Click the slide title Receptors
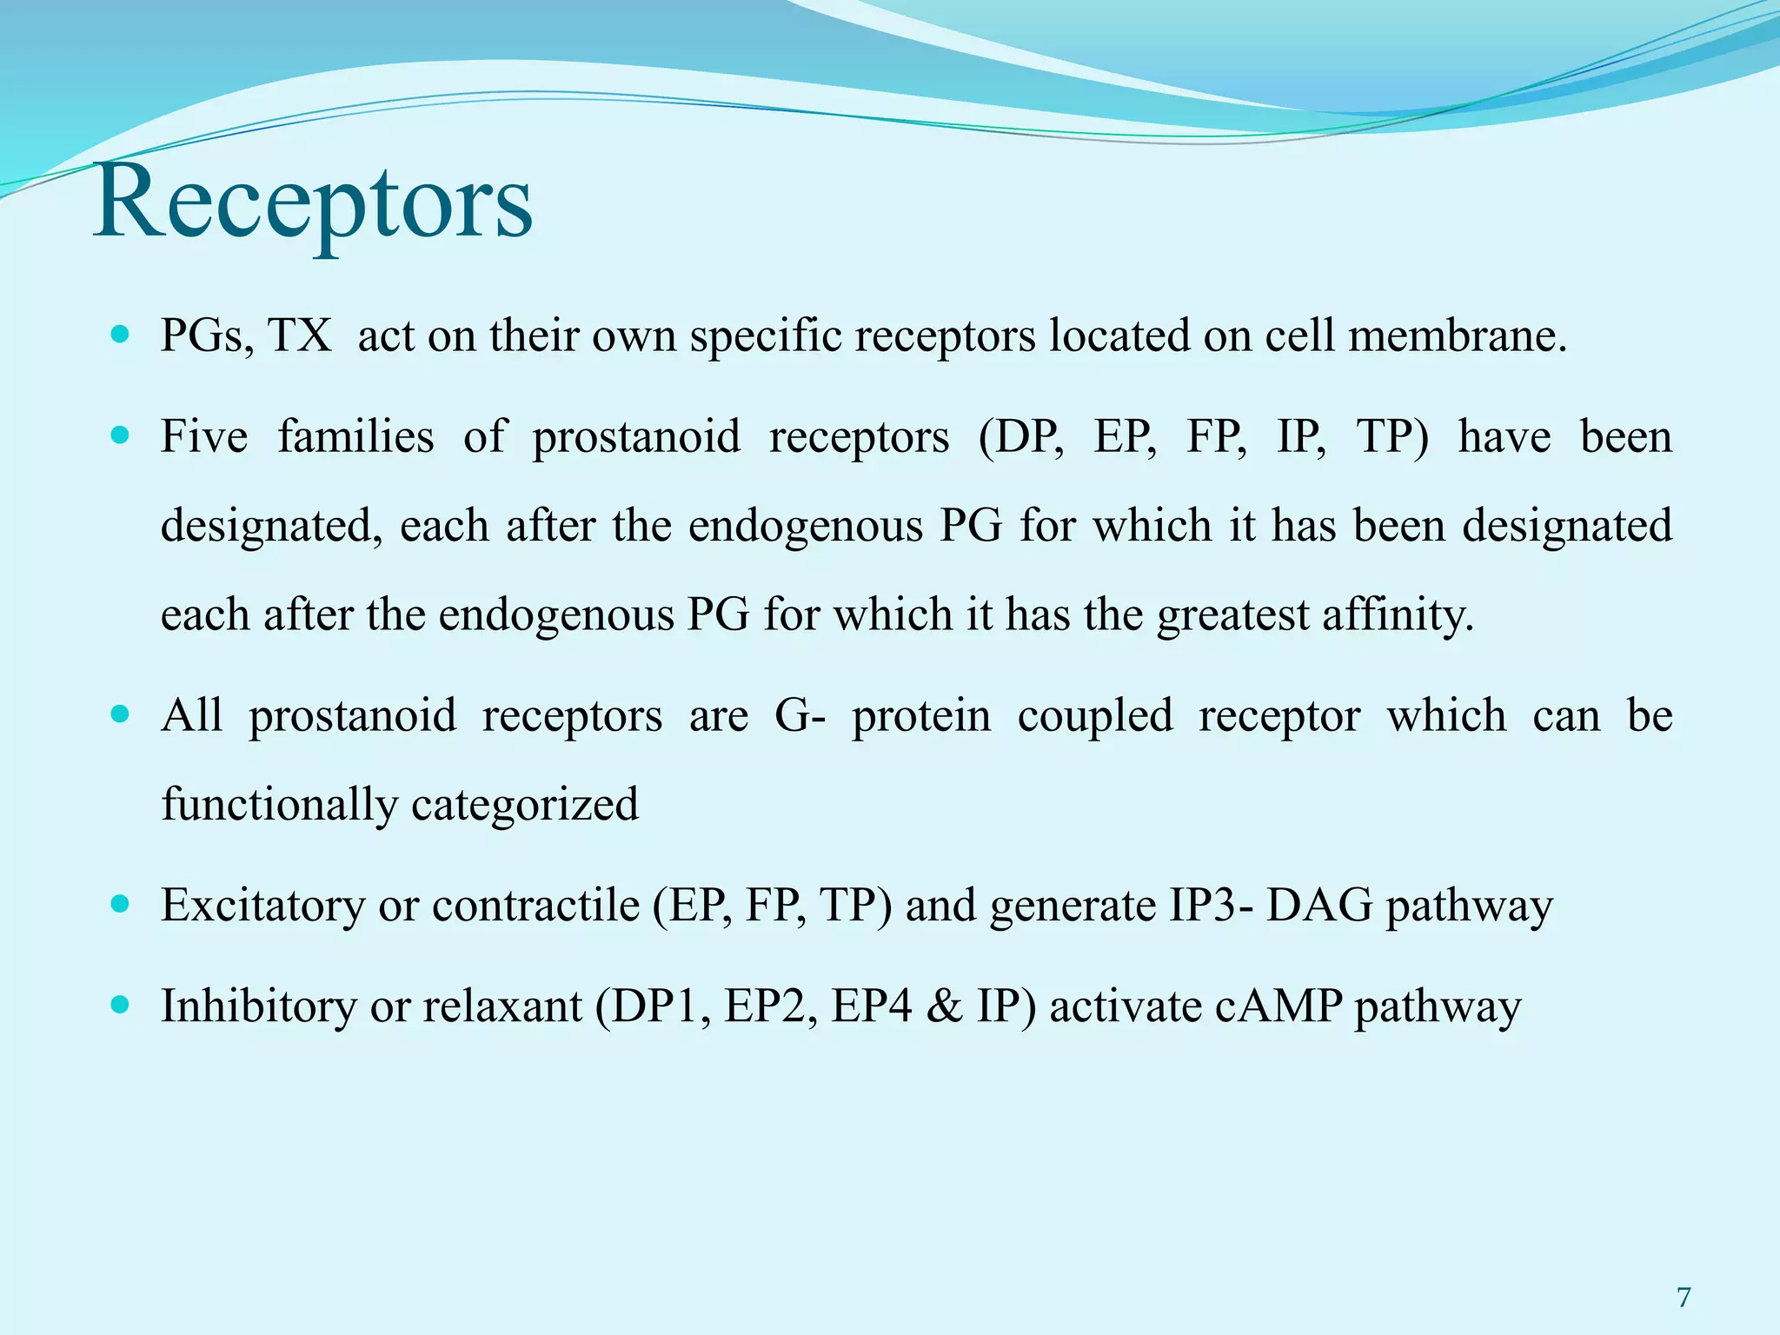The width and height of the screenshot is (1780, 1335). click(x=313, y=204)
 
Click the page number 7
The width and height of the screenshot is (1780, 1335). click(x=1684, y=1298)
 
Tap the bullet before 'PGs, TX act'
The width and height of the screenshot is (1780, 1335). click(x=121, y=334)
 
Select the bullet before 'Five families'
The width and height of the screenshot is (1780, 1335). click(x=121, y=435)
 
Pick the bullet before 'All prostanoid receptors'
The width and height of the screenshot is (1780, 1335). click(x=121, y=714)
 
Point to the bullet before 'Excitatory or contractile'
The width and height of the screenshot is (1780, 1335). click(x=121, y=904)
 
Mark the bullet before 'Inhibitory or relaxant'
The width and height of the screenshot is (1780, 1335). click(x=121, y=1006)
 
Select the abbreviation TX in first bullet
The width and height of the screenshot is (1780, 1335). click(x=299, y=335)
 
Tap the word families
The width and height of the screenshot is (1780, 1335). click(x=355, y=436)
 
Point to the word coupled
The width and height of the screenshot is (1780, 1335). click(x=1095, y=716)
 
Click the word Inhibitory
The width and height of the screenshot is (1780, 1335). click(x=258, y=1007)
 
